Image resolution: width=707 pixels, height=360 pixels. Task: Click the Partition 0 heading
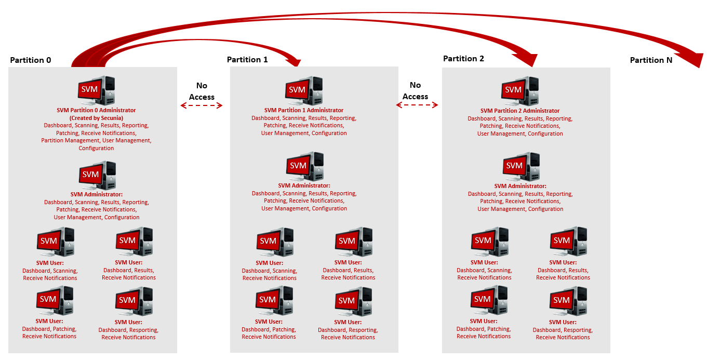[x=30, y=60]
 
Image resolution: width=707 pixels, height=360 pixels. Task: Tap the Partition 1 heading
[x=247, y=60]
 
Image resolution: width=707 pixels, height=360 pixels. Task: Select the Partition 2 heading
[x=463, y=59]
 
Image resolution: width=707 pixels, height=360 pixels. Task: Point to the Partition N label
[x=651, y=60]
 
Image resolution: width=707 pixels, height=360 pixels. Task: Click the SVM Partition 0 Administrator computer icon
[x=97, y=91]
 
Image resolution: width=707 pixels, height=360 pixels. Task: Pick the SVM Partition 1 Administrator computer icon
[x=304, y=91]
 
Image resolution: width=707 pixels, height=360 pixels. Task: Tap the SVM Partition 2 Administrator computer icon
[x=520, y=91]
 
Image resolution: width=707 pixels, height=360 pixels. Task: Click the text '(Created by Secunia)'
[x=96, y=118]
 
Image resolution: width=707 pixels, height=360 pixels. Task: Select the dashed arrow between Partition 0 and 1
[x=201, y=105]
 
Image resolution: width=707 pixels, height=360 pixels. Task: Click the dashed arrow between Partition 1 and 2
[x=417, y=105]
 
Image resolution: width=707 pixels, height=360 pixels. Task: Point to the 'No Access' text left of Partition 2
[x=415, y=90]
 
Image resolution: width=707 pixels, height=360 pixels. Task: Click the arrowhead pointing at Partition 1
[x=296, y=61]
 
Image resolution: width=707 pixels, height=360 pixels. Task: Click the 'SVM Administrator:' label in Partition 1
[x=304, y=185]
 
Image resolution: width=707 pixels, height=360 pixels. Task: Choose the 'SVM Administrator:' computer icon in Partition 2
[x=521, y=167]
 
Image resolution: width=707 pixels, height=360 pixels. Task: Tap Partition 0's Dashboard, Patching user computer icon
[x=55, y=301]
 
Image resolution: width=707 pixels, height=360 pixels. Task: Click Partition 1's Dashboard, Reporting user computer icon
[x=353, y=302]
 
